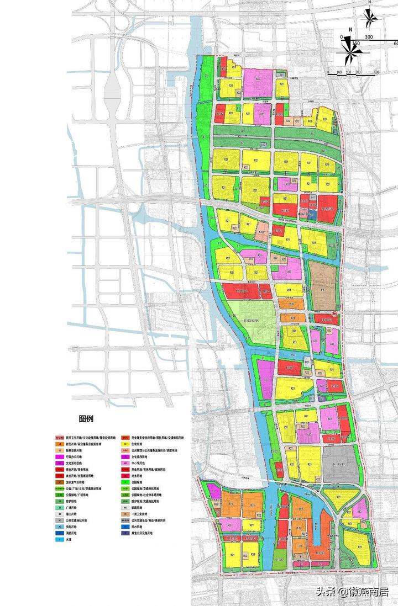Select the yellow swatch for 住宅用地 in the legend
[127, 443]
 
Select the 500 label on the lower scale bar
[376, 72]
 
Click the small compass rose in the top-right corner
[370, 18]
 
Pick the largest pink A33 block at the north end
[258, 81]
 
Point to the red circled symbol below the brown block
[334, 315]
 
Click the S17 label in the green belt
[264, 144]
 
